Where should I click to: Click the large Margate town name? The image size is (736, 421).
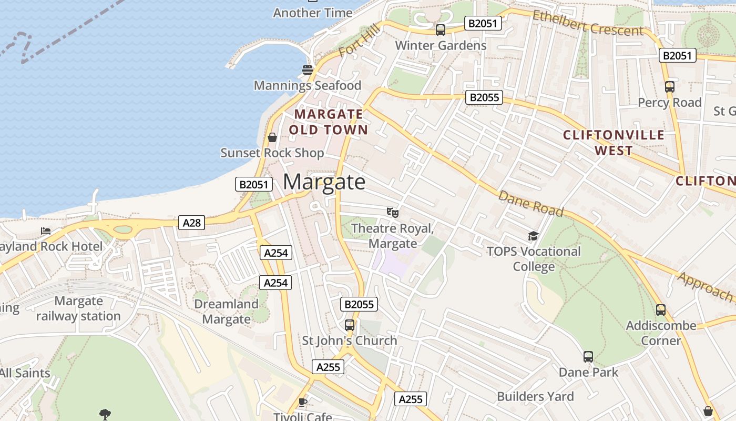[324, 182]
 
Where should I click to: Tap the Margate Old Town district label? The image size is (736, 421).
[329, 122]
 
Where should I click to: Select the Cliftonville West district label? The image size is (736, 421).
[614, 143]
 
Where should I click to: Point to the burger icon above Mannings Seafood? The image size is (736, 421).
[308, 69]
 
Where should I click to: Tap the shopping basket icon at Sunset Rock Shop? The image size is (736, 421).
[272, 138]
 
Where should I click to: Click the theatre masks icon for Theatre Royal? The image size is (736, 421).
[392, 213]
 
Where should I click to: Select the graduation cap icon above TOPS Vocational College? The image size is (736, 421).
[534, 236]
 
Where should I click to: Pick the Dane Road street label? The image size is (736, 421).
[530, 204]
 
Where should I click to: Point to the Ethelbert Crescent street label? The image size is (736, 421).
[588, 23]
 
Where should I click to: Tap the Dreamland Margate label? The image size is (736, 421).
[227, 312]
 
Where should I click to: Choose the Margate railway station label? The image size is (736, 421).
[78, 308]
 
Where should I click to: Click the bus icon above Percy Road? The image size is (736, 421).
[669, 87]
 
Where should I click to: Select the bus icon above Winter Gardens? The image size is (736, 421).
[441, 30]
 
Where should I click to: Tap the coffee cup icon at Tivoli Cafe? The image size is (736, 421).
[303, 402]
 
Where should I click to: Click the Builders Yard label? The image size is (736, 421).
[535, 396]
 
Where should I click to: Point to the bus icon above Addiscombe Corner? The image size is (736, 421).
[661, 310]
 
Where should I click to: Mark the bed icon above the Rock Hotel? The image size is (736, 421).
[46, 231]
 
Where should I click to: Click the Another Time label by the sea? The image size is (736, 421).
[312, 13]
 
